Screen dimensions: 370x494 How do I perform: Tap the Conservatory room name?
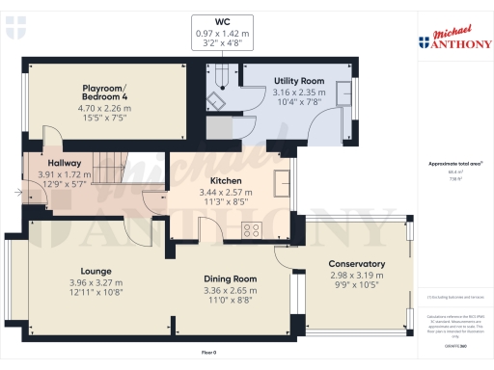click(x=356, y=264)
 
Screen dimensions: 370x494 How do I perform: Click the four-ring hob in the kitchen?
click(x=252, y=229)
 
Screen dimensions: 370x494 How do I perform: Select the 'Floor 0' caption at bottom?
click(x=208, y=354)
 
